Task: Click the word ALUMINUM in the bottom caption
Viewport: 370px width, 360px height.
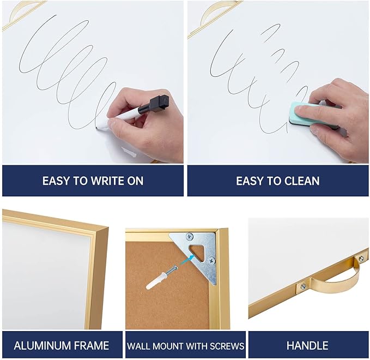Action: pos(41,346)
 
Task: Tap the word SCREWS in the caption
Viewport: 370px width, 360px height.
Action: pos(228,346)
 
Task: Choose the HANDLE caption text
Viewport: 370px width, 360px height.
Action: pos(307,346)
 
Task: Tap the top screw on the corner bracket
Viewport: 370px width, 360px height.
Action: pos(189,236)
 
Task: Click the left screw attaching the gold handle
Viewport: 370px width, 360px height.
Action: pos(303,286)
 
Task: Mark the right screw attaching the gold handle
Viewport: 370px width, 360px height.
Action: pos(360,258)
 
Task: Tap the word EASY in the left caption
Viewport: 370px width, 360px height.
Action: pos(56,181)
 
